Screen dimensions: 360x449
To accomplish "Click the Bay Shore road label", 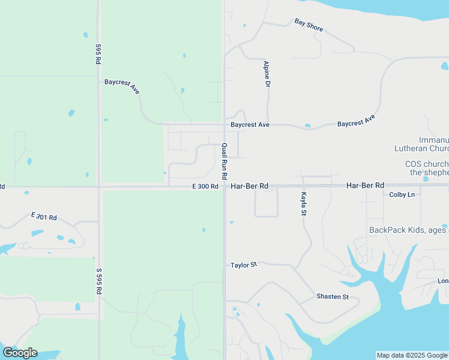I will coord(309,25).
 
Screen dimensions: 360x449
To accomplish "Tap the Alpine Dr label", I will coord(266,74).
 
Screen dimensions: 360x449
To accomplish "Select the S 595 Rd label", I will coord(98,280).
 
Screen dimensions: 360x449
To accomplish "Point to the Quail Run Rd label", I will coord(224,161).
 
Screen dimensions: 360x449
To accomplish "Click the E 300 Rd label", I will coord(205,187).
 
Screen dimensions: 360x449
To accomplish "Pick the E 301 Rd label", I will coord(44,216).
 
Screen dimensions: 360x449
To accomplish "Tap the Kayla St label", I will coord(304,204).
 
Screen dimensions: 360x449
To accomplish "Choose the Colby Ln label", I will coord(402,194).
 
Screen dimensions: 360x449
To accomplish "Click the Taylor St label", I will coord(244,265).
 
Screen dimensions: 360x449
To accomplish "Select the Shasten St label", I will coord(333,297).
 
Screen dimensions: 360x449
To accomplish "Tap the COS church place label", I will coord(427,168).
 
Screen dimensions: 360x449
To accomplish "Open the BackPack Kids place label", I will coord(408,230).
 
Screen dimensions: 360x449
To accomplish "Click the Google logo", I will coord(20,353).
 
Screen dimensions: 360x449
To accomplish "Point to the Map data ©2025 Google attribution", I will coord(412,355).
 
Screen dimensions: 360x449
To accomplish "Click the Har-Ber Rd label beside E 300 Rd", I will coord(249,187).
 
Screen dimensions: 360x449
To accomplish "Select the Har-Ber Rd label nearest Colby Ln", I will coord(365,186).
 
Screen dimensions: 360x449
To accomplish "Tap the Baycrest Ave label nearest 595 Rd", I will coord(122,86).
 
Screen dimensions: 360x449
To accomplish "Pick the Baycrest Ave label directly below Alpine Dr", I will coord(250,125).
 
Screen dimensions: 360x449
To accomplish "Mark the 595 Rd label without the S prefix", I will coord(98,53).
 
